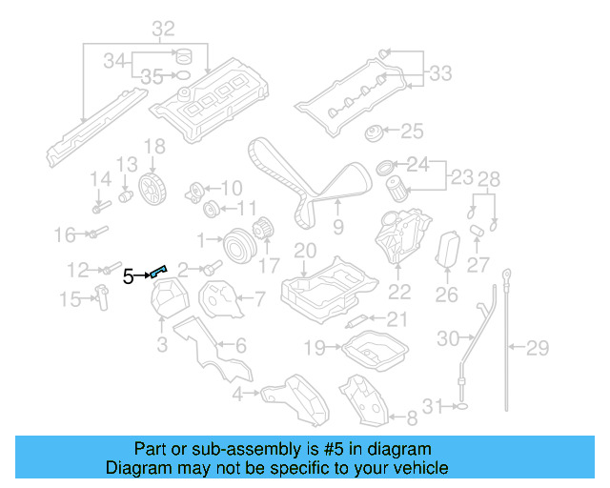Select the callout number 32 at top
(x=163, y=28)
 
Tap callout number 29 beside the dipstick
(x=539, y=347)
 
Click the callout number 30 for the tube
(x=448, y=337)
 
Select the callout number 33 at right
(x=440, y=72)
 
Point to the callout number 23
(x=461, y=177)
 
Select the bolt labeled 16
(x=97, y=232)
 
